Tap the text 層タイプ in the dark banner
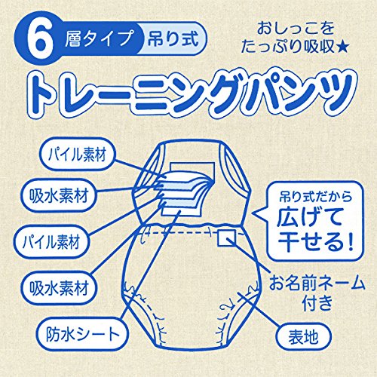point(99,39)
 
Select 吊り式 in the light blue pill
point(173,39)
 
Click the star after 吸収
point(342,47)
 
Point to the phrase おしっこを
point(296,28)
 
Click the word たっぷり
point(272,47)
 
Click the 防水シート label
point(82,334)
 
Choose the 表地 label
point(303,337)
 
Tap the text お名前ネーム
point(317,284)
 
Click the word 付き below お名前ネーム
point(317,303)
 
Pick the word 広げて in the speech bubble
point(310,216)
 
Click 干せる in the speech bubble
point(311,240)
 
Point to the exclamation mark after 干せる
point(350,240)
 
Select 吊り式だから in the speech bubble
point(315,197)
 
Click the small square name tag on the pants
point(226,237)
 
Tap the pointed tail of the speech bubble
point(254,215)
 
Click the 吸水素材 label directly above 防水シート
point(59,288)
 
